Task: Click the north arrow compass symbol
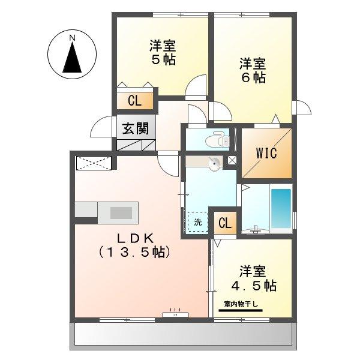point(73,59)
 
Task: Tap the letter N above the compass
point(73,38)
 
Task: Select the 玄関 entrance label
point(136,128)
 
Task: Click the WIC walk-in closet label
point(266,152)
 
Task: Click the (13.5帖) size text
point(136,253)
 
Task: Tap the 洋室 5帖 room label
point(163,53)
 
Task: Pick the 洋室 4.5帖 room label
point(251,278)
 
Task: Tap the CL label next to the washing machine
point(225,224)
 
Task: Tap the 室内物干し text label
point(239,305)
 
